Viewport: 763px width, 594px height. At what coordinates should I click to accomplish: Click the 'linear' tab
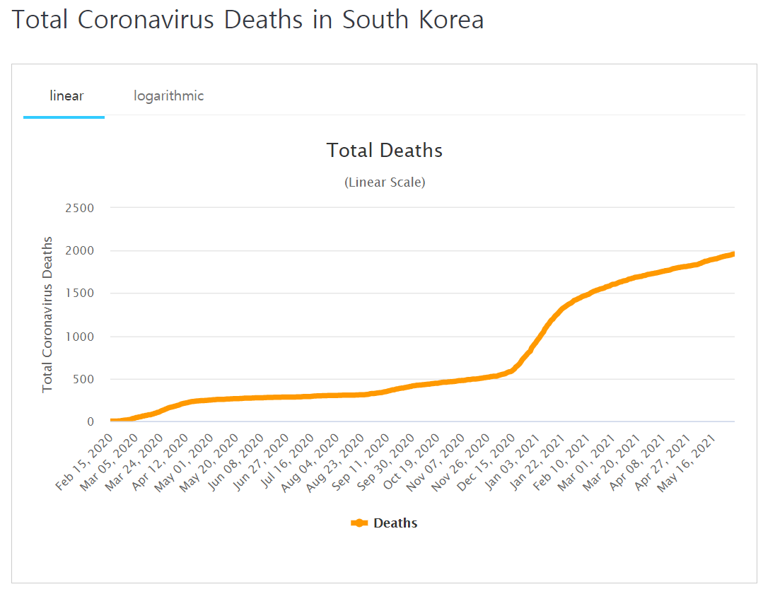coord(66,95)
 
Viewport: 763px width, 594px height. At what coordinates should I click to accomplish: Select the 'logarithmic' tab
coord(169,95)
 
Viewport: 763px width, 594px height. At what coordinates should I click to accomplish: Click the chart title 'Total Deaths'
coord(385,151)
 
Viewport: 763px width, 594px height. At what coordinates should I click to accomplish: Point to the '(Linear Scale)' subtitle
coord(385,182)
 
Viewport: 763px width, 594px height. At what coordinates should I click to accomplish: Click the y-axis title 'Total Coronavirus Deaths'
coord(47,315)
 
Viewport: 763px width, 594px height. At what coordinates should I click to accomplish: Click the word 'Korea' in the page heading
coord(449,19)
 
